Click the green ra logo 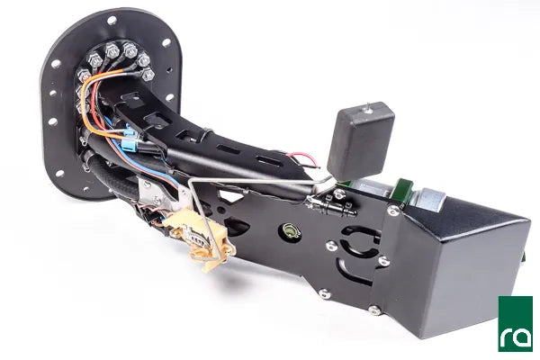click(x=515, y=323)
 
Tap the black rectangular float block click(x=360, y=141)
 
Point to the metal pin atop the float click(x=368, y=107)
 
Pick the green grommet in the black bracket click(x=290, y=229)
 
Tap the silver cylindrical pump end click(x=432, y=200)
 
